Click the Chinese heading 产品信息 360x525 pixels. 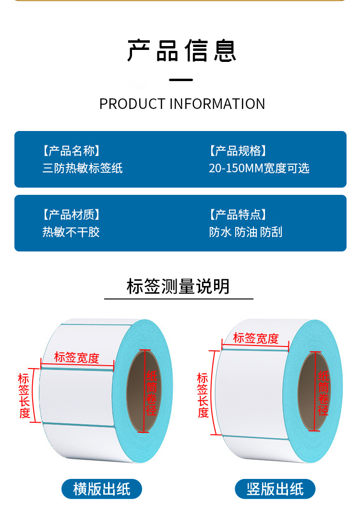pos(182,51)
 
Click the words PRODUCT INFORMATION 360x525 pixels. pos(182,104)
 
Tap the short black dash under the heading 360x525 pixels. pos(181,80)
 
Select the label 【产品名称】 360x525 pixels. pos(72,151)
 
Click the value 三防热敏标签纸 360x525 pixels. pos(83,168)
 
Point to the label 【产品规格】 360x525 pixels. pos(238,151)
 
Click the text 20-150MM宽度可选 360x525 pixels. pos(259,168)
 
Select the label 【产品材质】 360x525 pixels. pos(72,215)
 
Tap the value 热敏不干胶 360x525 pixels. pos(71,232)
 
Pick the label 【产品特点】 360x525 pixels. pos(238,215)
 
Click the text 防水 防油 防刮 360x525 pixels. pos(246,232)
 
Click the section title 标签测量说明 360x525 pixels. pos(179,286)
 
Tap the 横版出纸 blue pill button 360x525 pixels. pos(102,489)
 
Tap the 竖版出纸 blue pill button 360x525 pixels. pos(275,489)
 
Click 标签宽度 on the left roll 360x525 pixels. pos(77,358)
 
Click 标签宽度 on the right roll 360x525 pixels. pos(256,338)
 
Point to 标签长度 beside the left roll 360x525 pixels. pos(24,395)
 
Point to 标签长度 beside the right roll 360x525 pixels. pos(203,394)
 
